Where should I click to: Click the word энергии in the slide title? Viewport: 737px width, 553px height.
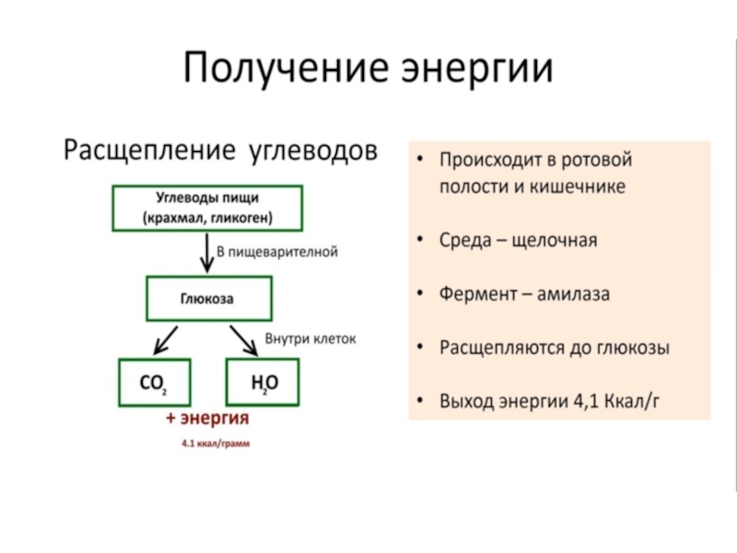point(477,69)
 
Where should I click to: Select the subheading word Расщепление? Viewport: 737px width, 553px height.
point(148,149)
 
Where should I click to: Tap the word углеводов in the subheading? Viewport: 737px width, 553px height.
point(313,149)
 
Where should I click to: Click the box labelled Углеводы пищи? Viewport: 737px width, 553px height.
point(207,208)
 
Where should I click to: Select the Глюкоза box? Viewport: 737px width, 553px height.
point(207,299)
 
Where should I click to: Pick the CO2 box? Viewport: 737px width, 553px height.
point(153,382)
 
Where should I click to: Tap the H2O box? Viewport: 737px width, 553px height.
point(264,382)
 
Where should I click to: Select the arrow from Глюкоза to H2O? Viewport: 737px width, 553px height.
point(245,338)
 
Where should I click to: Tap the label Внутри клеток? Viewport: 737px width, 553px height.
point(310,338)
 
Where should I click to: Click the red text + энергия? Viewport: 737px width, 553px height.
point(207,418)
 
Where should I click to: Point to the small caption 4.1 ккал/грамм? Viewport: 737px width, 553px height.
point(216,443)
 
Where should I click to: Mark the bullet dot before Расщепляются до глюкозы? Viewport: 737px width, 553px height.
point(420,348)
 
